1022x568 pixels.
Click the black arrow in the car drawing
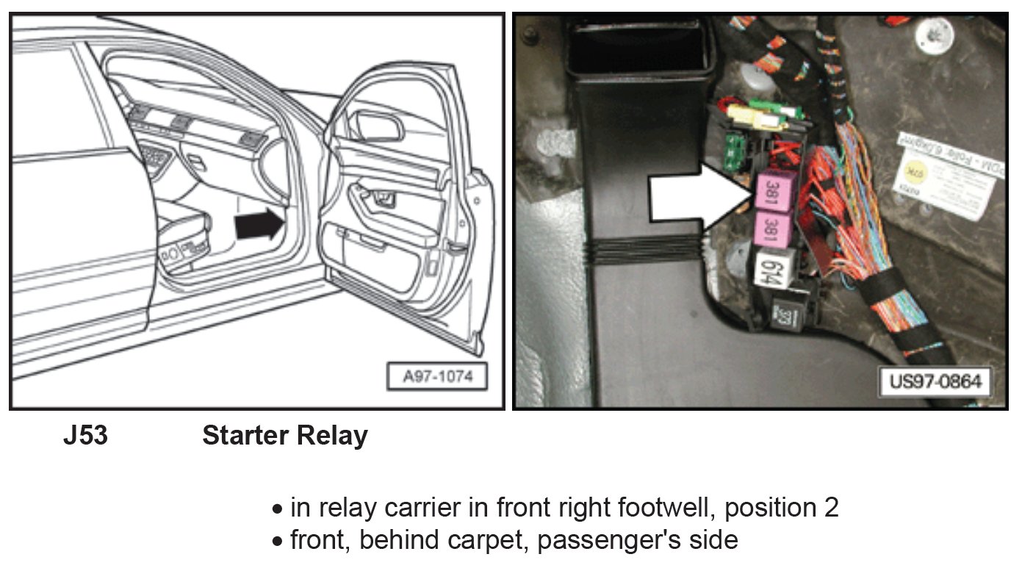259,226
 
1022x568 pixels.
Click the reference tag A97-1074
437,377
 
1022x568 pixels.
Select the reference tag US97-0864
934,382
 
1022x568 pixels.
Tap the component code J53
85,436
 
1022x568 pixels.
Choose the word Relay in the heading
333,436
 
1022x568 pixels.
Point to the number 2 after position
831,507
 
